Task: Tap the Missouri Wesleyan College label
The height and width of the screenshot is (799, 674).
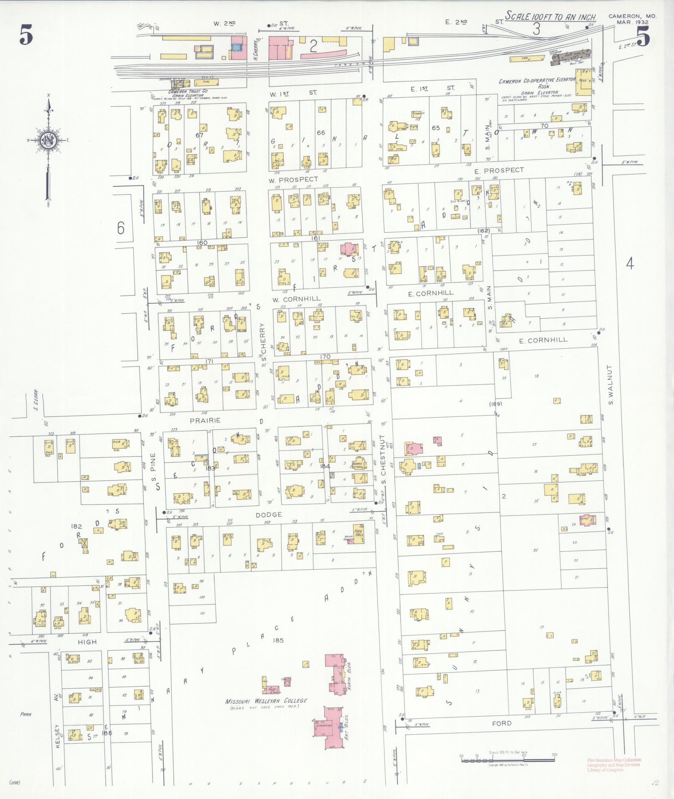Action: click(x=266, y=700)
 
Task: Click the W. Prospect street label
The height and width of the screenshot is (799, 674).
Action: click(x=293, y=180)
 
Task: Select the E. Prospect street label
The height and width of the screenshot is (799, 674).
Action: click(x=499, y=170)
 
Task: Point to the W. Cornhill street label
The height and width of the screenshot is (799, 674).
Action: click(x=297, y=299)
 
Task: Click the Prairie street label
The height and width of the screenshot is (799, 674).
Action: click(x=205, y=421)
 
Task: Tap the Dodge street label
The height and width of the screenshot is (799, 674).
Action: click(x=269, y=515)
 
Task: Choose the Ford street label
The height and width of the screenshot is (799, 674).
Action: click(x=501, y=723)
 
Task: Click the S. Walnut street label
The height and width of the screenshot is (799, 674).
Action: click(x=610, y=385)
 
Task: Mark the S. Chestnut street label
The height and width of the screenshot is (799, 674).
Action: click(x=383, y=459)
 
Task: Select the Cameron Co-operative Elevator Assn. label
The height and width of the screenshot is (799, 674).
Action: click(x=537, y=84)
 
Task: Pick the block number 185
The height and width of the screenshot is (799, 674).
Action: click(x=277, y=640)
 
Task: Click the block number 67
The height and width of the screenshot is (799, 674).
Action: click(x=199, y=135)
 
